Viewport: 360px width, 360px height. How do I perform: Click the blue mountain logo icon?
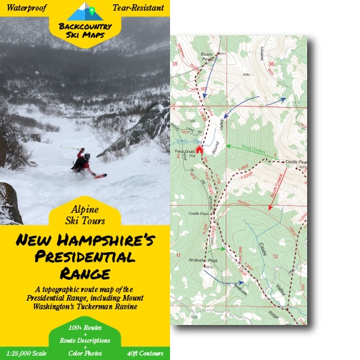click(x=84, y=11)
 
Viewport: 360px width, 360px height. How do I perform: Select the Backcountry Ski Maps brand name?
click(x=84, y=29)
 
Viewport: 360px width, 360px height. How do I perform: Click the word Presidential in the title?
click(x=85, y=258)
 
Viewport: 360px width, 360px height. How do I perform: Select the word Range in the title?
click(x=85, y=274)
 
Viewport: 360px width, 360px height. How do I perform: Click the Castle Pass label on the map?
click(x=190, y=214)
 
